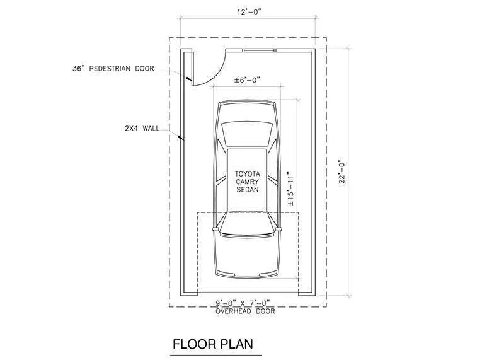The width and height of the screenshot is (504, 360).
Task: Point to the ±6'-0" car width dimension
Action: tap(247, 80)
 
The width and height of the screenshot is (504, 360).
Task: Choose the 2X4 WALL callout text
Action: tap(142, 128)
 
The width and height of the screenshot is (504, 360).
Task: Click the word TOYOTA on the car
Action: tap(247, 173)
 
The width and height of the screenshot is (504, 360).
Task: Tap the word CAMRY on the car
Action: tap(247, 181)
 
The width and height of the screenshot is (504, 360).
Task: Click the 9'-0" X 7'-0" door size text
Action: tap(247, 303)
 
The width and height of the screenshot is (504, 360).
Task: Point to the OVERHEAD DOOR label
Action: tap(247, 311)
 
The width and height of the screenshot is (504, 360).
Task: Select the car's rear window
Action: tap(247, 133)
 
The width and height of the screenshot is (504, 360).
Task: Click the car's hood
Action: tap(246, 252)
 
